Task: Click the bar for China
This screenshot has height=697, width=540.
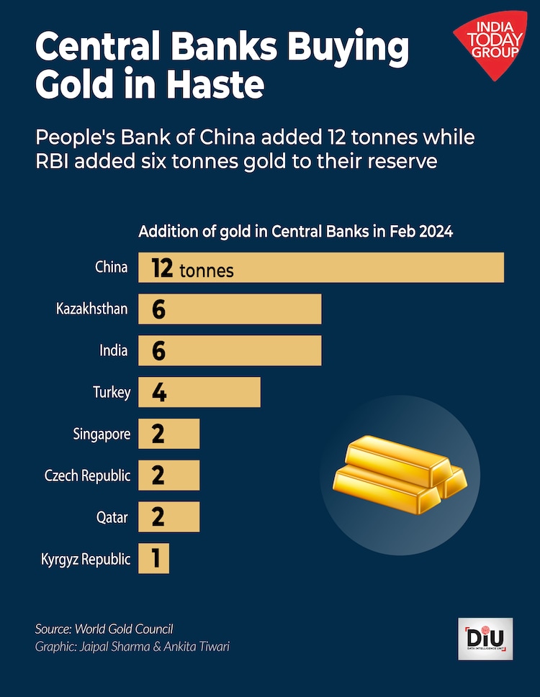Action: [x=320, y=268]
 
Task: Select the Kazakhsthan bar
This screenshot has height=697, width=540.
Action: [x=230, y=309]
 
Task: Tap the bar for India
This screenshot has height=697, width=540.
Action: [x=230, y=350]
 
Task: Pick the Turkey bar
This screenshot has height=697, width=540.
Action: [x=199, y=392]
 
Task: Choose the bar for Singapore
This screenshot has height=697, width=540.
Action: [x=168, y=434]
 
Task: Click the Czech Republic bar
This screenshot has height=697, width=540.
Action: [x=168, y=475]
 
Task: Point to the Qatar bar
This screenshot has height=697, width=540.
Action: [x=168, y=517]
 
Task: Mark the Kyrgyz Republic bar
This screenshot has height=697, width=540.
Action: [x=153, y=559]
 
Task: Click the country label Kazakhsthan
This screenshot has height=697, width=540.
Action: [x=92, y=309]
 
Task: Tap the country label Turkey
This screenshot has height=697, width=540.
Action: [x=112, y=393]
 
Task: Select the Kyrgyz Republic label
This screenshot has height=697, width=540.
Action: [x=86, y=559]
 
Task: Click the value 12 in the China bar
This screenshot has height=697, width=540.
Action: [x=162, y=268]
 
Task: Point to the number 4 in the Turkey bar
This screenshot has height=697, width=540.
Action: [x=159, y=393]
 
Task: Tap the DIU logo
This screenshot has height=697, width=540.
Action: [x=485, y=638]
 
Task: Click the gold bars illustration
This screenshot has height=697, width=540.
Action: [x=400, y=473]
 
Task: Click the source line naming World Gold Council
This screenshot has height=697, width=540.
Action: [x=104, y=629]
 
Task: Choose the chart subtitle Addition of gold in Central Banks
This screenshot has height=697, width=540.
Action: [x=295, y=232]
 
